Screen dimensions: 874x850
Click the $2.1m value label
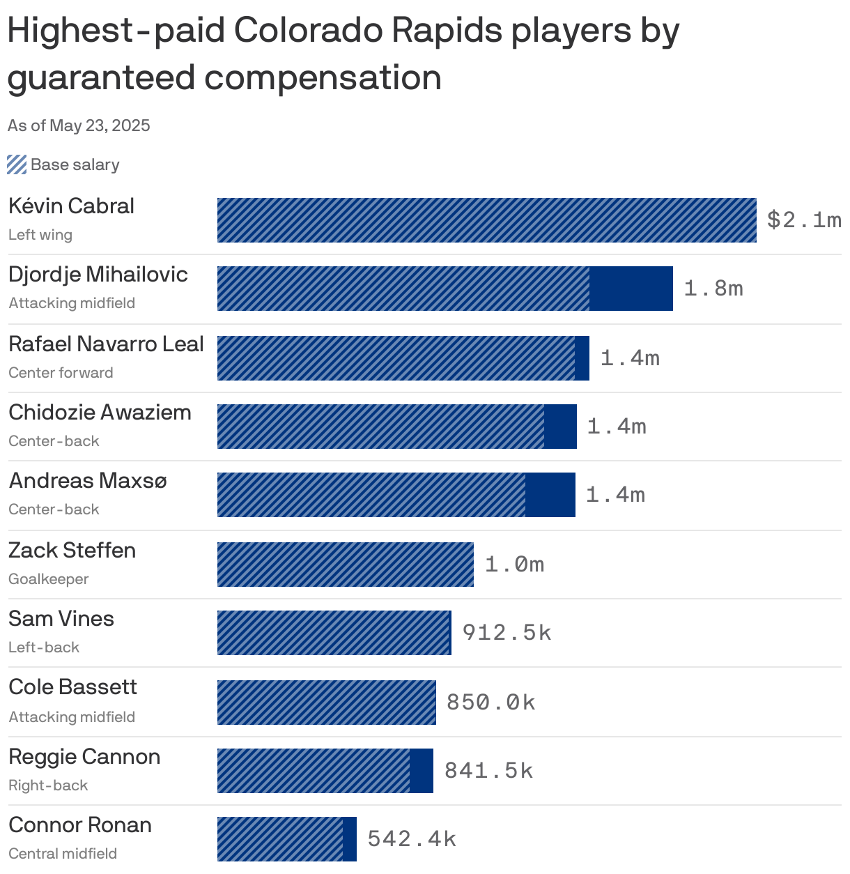(x=804, y=220)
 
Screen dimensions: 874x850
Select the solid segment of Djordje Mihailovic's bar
(x=631, y=289)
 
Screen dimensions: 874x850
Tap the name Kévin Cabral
(x=71, y=206)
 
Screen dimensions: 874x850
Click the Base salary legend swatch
(x=17, y=165)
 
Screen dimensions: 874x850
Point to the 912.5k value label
(x=507, y=633)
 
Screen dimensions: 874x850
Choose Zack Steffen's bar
(x=345, y=565)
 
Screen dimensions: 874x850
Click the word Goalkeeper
(x=49, y=579)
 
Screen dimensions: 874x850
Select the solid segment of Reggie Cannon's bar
(x=422, y=771)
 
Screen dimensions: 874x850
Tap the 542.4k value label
(x=412, y=839)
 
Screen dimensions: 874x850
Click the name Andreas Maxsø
(x=88, y=481)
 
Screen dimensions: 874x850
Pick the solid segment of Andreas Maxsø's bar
(x=550, y=495)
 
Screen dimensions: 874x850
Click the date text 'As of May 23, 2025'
(x=79, y=125)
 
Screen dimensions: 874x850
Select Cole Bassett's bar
(x=326, y=703)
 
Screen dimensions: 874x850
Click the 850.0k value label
(x=491, y=703)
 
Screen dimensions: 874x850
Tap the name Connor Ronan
(x=80, y=825)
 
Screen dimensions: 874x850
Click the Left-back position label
(x=44, y=647)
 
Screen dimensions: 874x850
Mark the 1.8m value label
(x=713, y=289)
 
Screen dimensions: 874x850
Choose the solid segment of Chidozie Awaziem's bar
(x=560, y=427)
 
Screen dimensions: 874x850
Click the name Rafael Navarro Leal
(x=106, y=344)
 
